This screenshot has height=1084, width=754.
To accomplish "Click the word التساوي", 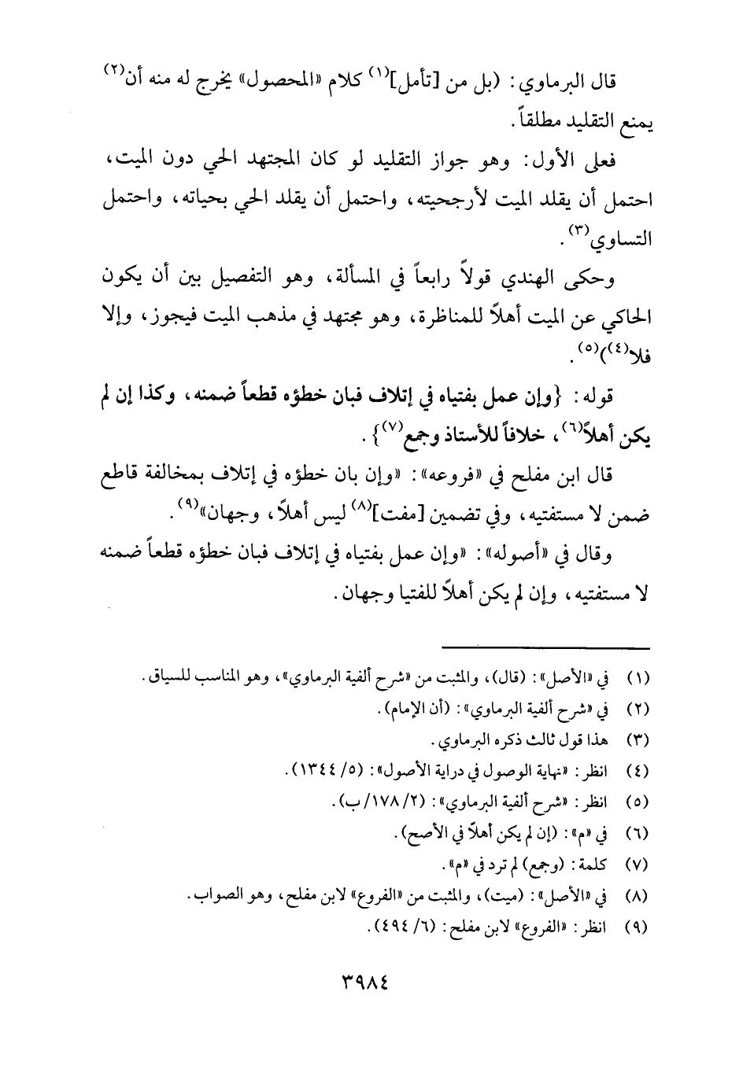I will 627,239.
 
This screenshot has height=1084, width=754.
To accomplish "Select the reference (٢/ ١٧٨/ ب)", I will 373,802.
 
